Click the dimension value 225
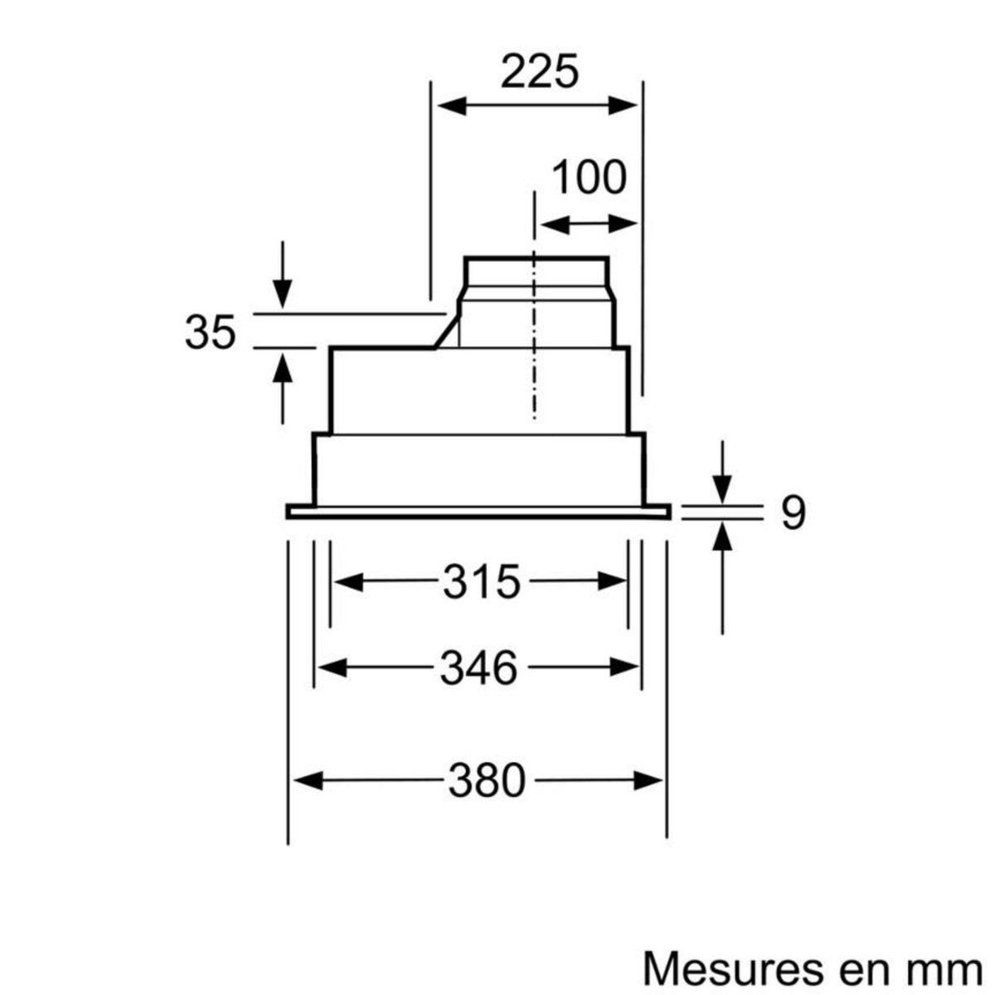pyautogui.click(x=538, y=73)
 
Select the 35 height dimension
pyautogui.click(x=211, y=332)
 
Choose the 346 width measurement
pyautogui.click(x=478, y=667)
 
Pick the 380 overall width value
pyautogui.click(x=488, y=780)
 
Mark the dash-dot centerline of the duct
pyautogui.click(x=535, y=332)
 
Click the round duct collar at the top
pyautogui.click(x=536, y=273)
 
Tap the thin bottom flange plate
pyautogui.click(x=478, y=512)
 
